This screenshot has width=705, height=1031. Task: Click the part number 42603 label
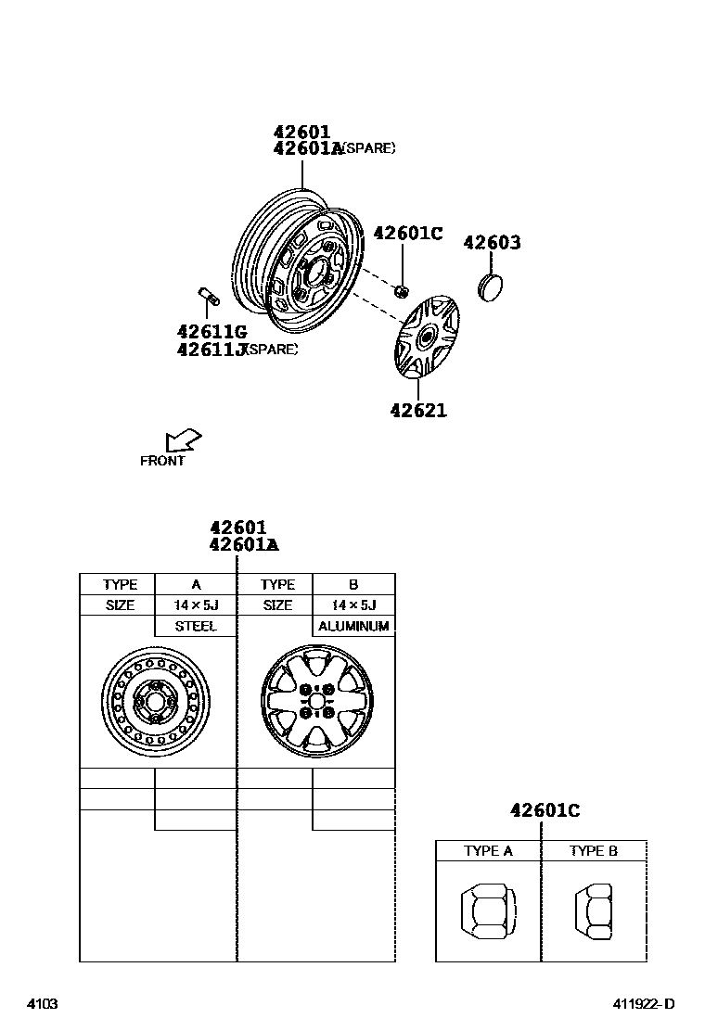click(x=492, y=243)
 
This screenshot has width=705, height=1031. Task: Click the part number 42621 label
click(x=418, y=409)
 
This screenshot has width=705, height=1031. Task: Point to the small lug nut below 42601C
click(x=401, y=292)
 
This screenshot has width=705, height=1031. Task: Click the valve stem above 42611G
click(x=208, y=299)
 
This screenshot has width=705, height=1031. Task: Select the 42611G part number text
click(x=211, y=331)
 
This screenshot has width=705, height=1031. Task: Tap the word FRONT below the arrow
click(x=162, y=461)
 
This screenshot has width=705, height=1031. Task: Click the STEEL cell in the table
click(x=196, y=627)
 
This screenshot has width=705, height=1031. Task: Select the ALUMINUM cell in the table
click(x=353, y=627)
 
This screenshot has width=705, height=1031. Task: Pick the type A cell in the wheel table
click(x=196, y=585)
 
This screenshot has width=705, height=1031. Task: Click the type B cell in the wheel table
click(x=353, y=585)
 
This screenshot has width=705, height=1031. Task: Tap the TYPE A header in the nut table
click(x=488, y=851)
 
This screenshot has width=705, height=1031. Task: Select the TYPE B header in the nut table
click(x=594, y=851)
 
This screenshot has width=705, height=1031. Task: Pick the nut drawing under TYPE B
click(x=594, y=910)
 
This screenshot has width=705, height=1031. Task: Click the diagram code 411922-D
click(x=642, y=1004)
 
